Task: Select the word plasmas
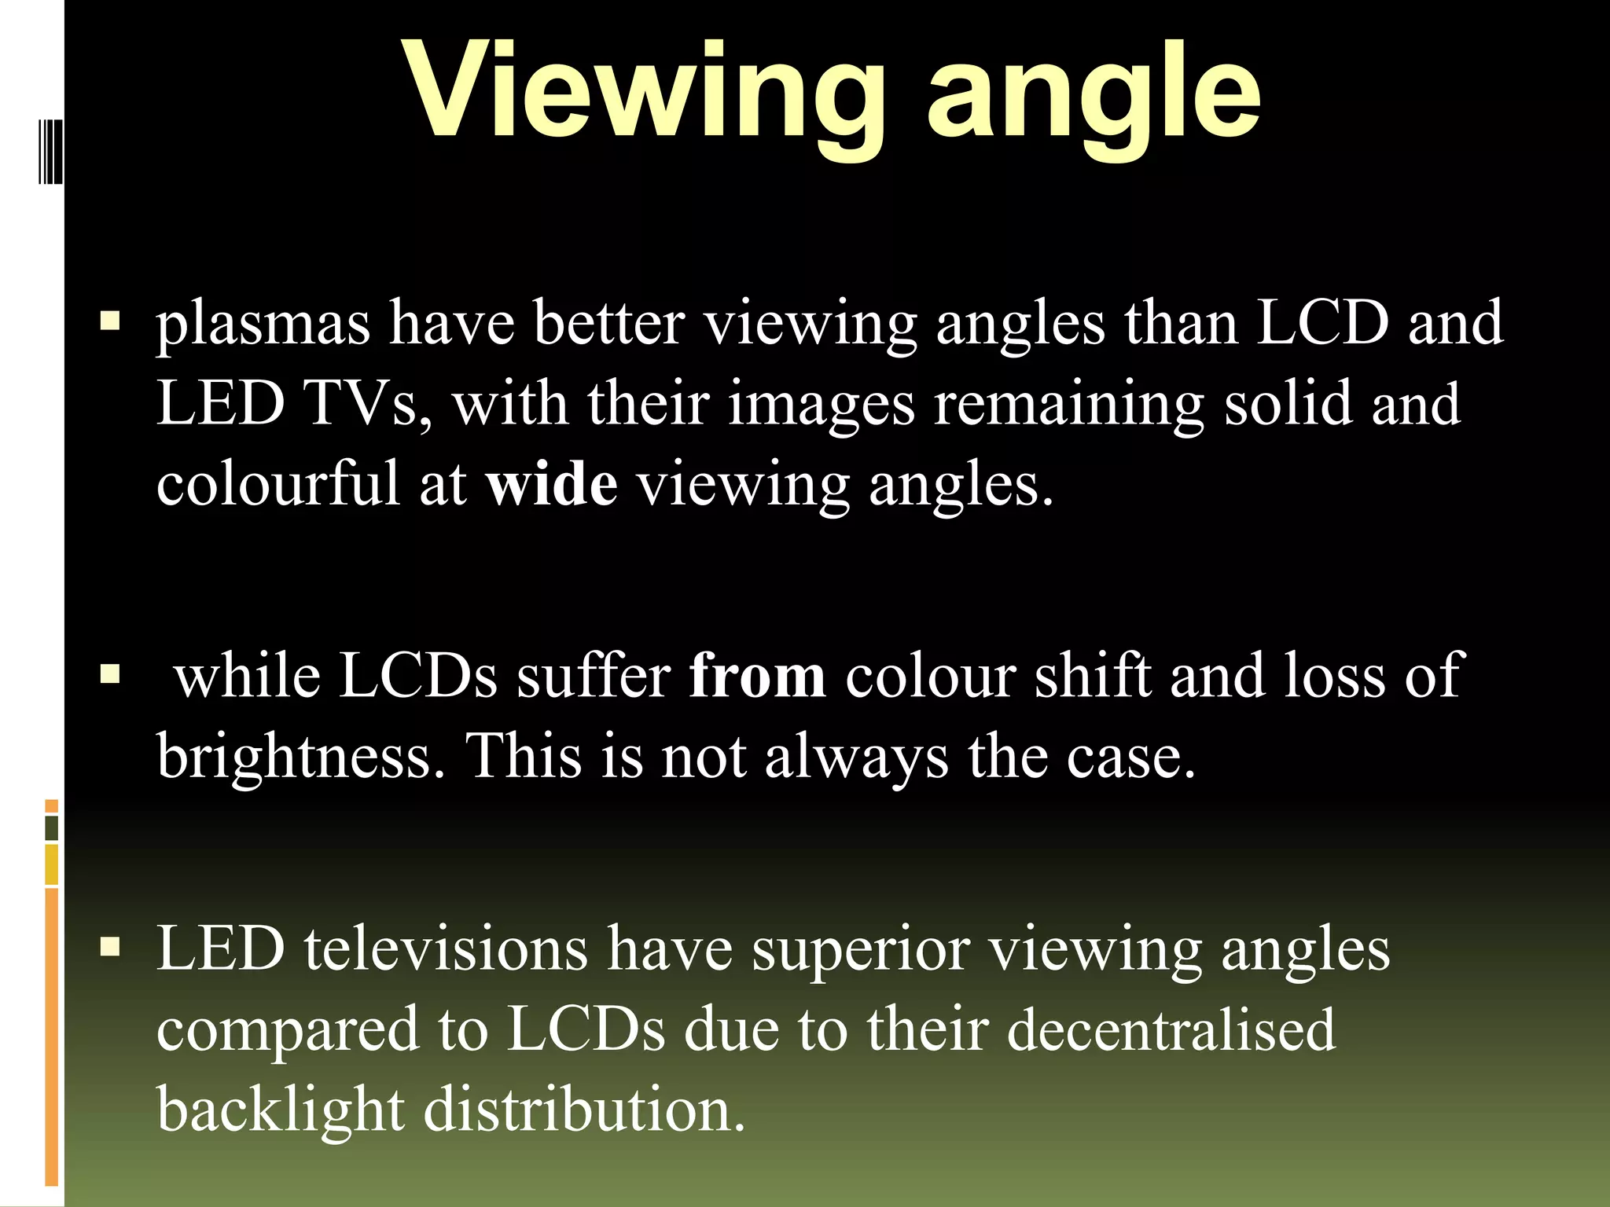point(263,324)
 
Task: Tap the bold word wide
point(551,484)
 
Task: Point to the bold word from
point(757,676)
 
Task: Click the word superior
point(861,949)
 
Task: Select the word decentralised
point(1171,1029)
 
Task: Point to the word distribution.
point(584,1110)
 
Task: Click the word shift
point(1092,676)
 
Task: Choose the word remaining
point(1068,404)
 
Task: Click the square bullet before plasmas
point(110,321)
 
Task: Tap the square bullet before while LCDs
point(110,674)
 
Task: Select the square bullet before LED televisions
point(110,947)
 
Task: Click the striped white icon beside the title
point(50,150)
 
